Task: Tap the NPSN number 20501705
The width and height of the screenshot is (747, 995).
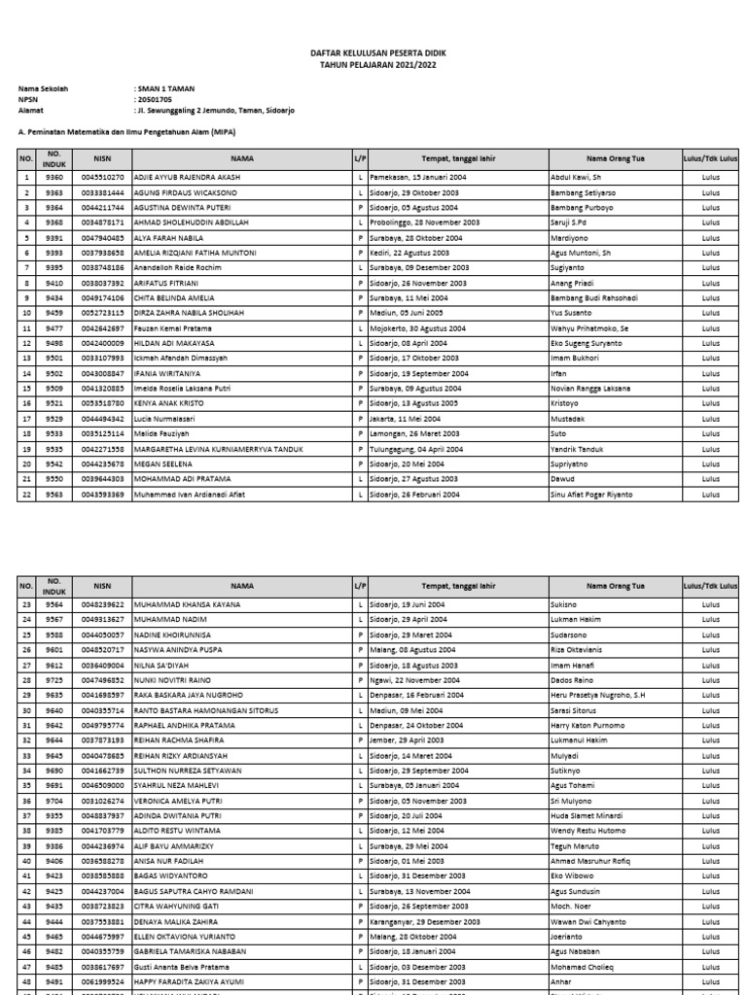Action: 153,100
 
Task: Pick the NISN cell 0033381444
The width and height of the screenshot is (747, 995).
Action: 102,192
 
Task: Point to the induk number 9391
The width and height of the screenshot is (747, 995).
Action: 53,237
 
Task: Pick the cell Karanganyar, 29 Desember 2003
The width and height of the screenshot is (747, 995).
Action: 425,921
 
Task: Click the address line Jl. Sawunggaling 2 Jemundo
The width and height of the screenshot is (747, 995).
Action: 214,111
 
